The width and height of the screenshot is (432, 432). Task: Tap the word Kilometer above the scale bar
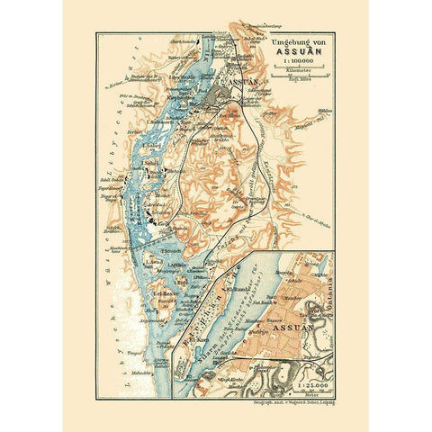[x=291, y=67]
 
